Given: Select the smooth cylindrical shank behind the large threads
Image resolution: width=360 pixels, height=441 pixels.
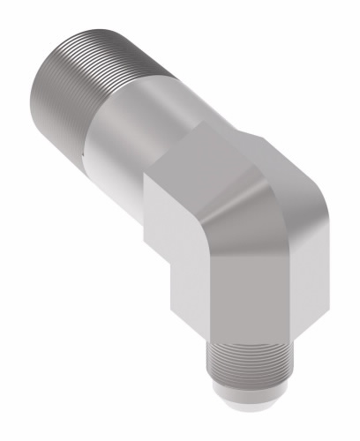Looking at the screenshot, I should pos(132,123).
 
